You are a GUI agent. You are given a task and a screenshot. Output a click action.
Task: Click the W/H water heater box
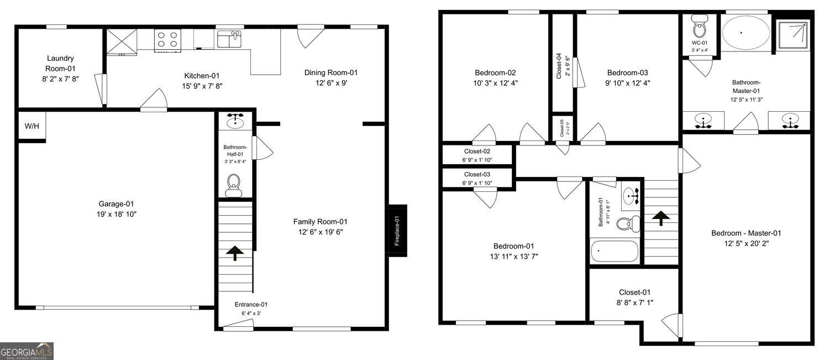[x=32, y=127]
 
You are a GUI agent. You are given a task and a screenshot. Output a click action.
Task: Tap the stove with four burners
[x=167, y=40]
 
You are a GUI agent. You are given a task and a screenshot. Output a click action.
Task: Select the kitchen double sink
[x=229, y=40]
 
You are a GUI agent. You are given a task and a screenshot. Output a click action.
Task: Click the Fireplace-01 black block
[x=397, y=231]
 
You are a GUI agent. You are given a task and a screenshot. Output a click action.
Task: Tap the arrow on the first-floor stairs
[x=235, y=253]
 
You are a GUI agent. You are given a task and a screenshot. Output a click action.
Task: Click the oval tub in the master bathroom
[x=746, y=33]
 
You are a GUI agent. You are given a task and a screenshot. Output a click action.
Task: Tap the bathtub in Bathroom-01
[x=614, y=252]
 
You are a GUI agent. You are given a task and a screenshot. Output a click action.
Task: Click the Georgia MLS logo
[x=27, y=351]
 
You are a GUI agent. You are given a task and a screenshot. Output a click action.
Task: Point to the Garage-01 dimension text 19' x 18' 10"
[x=117, y=214]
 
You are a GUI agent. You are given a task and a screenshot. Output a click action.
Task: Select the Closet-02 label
[x=477, y=151]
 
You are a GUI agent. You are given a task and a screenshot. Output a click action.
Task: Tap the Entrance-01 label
[x=251, y=305]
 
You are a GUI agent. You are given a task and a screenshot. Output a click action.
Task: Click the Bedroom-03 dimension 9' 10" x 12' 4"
[x=627, y=83]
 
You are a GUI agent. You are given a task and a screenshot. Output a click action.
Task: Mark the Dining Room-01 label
[x=331, y=72]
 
